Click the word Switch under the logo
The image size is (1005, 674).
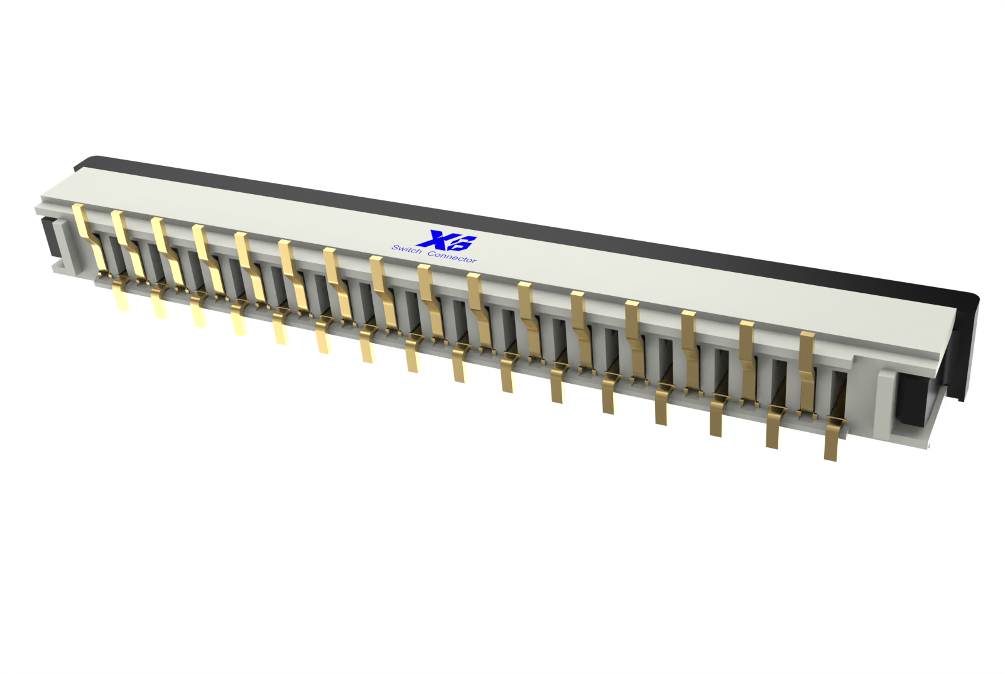406,249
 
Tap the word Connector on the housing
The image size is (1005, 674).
452,257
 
